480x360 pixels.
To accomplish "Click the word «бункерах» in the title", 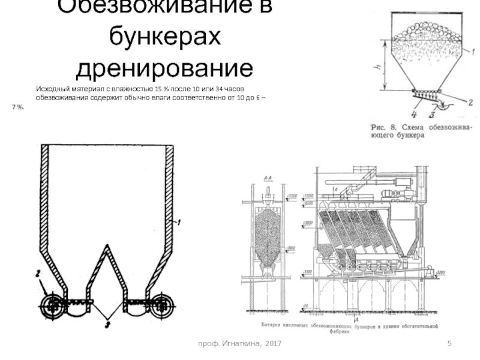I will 164,38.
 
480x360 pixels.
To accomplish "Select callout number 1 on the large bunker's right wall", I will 179,223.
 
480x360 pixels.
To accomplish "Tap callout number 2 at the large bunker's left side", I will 37,274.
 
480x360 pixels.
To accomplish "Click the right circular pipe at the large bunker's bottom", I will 161,304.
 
